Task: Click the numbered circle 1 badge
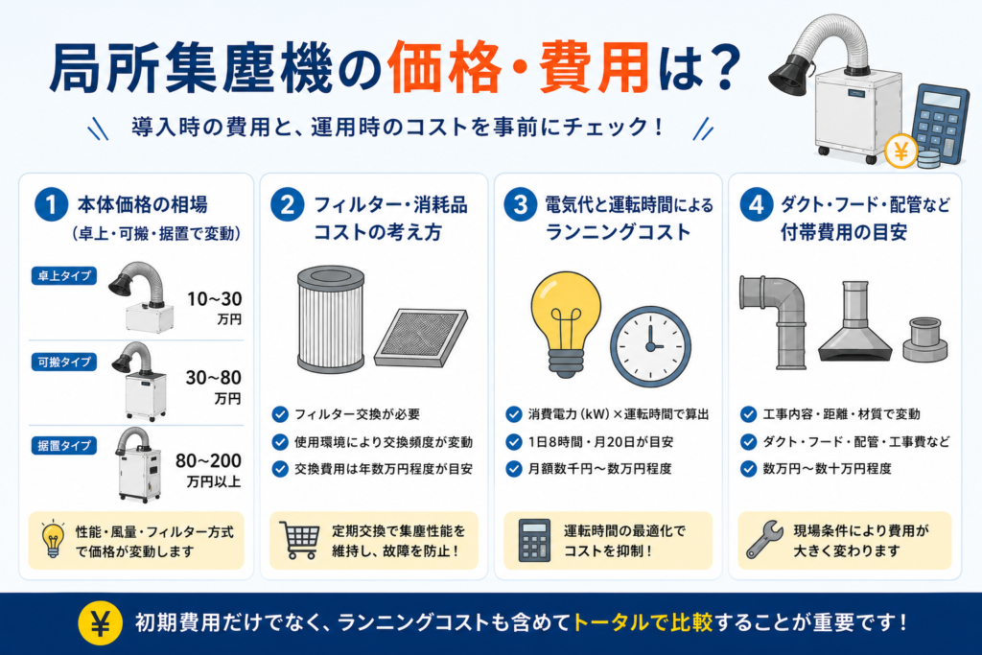point(52,205)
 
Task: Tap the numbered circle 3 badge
point(520,205)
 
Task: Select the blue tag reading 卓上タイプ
point(64,275)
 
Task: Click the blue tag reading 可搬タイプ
point(64,362)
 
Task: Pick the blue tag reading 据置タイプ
point(64,446)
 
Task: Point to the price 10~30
point(214,299)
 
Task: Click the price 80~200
point(208,461)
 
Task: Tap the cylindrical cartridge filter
point(330,319)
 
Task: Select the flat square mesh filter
point(420,337)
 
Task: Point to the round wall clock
point(651,346)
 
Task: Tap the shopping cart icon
point(299,540)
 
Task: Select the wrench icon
point(764,539)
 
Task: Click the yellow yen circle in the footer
point(100,623)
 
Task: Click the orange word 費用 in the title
point(593,67)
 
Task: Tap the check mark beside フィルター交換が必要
point(280,414)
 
